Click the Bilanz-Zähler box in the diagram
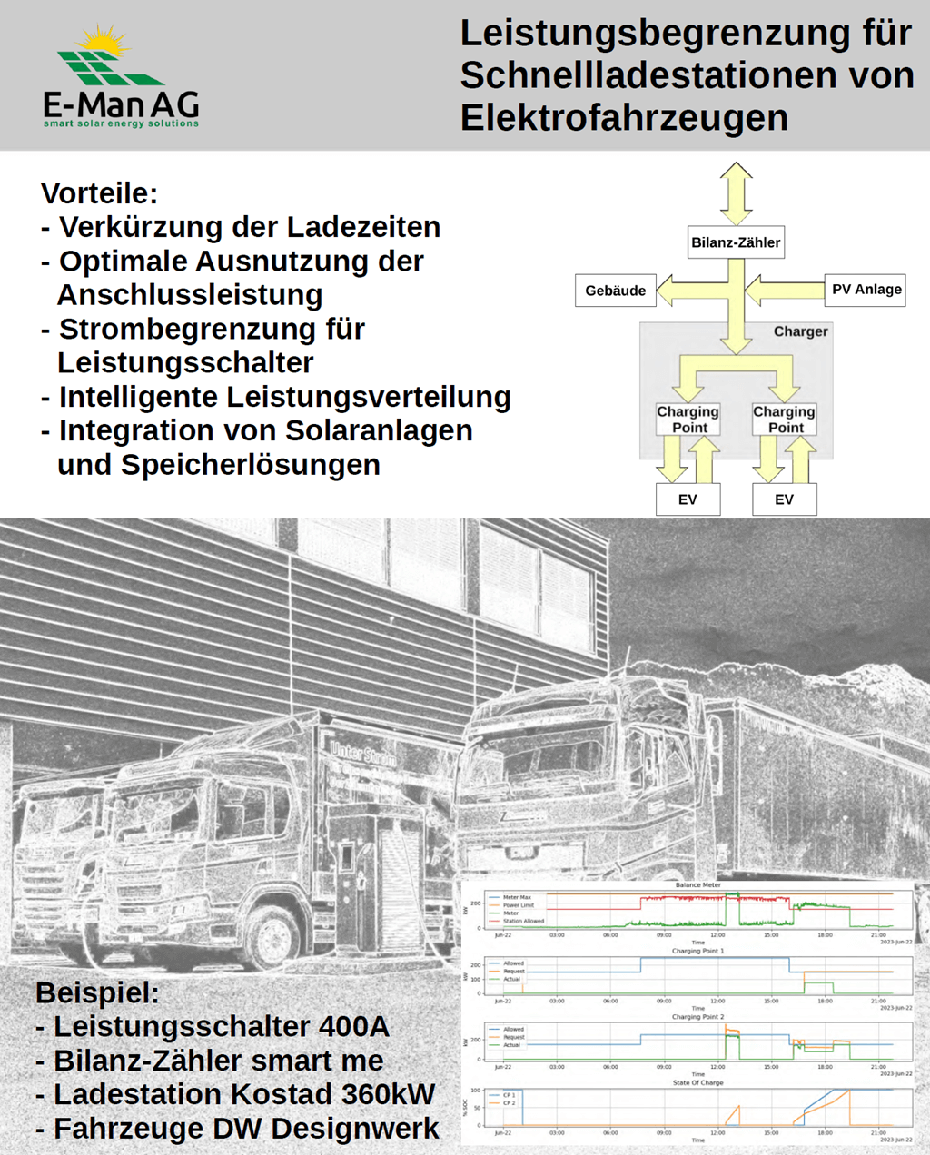pos(736,242)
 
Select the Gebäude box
pos(616,291)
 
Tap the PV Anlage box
pos(866,290)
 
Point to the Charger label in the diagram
pos(800,331)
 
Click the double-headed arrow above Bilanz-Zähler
pos(736,193)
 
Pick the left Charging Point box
pos(688,419)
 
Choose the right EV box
pos(784,499)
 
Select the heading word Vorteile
pos(99,193)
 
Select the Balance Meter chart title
pos(697,884)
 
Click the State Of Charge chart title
pos(697,1082)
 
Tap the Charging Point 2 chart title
pos(697,1017)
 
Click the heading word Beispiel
pos(97,992)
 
